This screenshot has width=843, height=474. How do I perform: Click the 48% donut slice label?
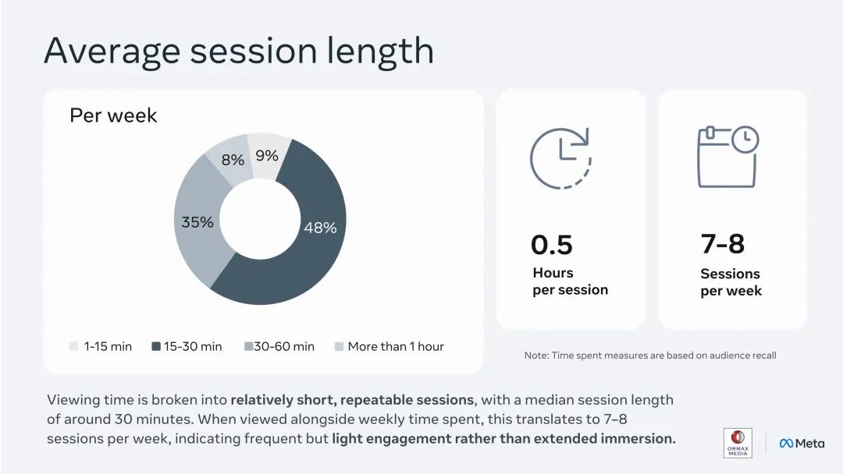click(321, 228)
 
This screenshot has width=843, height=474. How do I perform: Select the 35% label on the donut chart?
click(197, 221)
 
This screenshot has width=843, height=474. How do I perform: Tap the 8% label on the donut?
click(233, 160)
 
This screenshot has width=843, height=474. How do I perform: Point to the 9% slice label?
click(267, 156)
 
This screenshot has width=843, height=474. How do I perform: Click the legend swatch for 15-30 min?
click(156, 346)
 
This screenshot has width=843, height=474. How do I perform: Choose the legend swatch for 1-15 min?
click(73, 346)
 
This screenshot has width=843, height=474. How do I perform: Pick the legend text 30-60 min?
click(284, 346)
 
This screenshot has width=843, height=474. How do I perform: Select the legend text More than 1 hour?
click(396, 346)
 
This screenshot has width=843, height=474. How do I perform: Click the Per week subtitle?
click(113, 115)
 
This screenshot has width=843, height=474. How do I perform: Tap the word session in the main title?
click(253, 51)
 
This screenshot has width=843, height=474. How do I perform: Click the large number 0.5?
click(552, 245)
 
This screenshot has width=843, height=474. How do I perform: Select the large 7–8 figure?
click(723, 244)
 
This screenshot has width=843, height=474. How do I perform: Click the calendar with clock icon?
click(727, 157)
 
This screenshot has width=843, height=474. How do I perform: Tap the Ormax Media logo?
click(738, 443)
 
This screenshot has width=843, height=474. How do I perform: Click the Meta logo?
click(802, 444)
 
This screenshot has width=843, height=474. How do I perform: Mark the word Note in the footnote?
click(535, 355)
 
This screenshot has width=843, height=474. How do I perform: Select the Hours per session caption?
click(570, 281)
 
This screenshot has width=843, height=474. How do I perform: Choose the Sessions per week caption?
click(731, 282)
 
